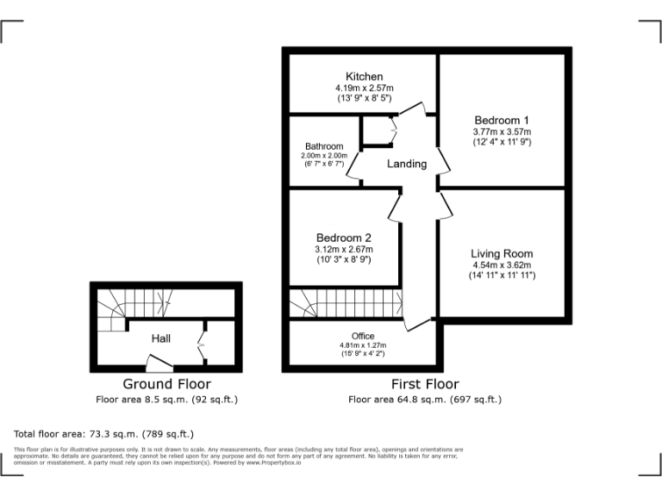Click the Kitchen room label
click(364, 77)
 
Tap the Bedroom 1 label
click(502, 120)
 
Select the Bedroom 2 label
click(343, 238)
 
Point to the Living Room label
click(502, 253)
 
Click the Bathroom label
click(323, 146)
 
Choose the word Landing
click(406, 164)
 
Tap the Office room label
click(363, 336)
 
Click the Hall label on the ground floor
click(161, 338)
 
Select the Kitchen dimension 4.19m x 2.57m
click(364, 88)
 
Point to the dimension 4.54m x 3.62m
click(502, 265)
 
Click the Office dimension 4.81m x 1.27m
click(363, 345)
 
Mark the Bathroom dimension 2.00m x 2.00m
click(323, 155)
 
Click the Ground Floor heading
click(166, 384)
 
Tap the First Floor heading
click(424, 384)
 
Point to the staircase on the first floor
click(345, 303)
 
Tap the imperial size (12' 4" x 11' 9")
click(502, 141)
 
